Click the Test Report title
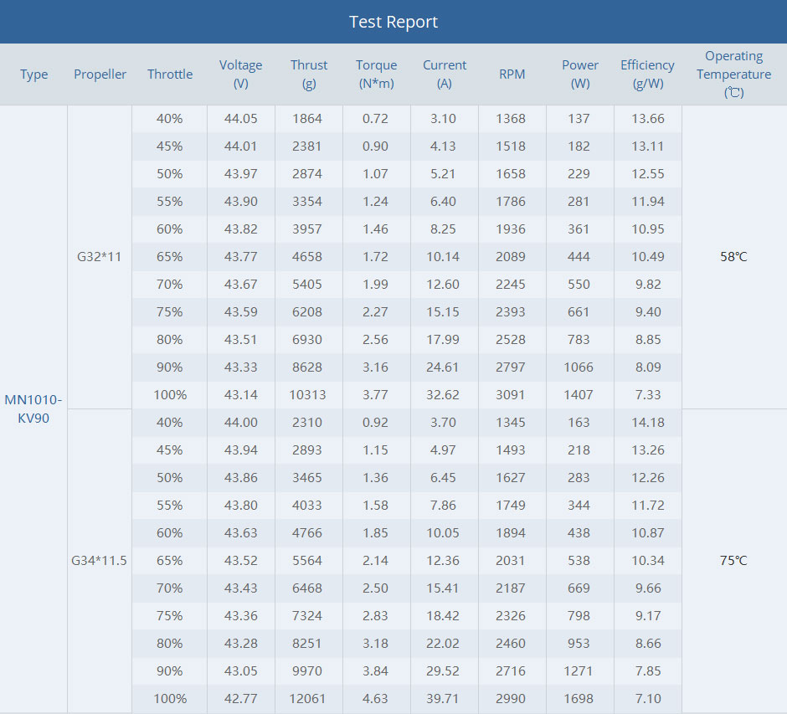click(393, 22)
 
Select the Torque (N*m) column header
click(377, 74)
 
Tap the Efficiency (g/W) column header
click(647, 74)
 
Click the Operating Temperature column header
click(734, 74)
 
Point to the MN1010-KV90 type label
click(33, 408)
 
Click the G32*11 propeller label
click(99, 256)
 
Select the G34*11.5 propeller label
click(99, 560)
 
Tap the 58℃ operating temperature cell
click(733, 256)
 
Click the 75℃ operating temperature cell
click(733, 560)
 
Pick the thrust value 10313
click(308, 394)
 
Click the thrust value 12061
click(308, 698)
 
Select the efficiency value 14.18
click(648, 422)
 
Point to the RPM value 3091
click(511, 394)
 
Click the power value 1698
click(579, 698)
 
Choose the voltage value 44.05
click(240, 118)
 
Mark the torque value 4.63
click(376, 698)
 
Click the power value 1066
click(579, 367)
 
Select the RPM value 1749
click(511, 505)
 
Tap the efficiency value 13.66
click(648, 118)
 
